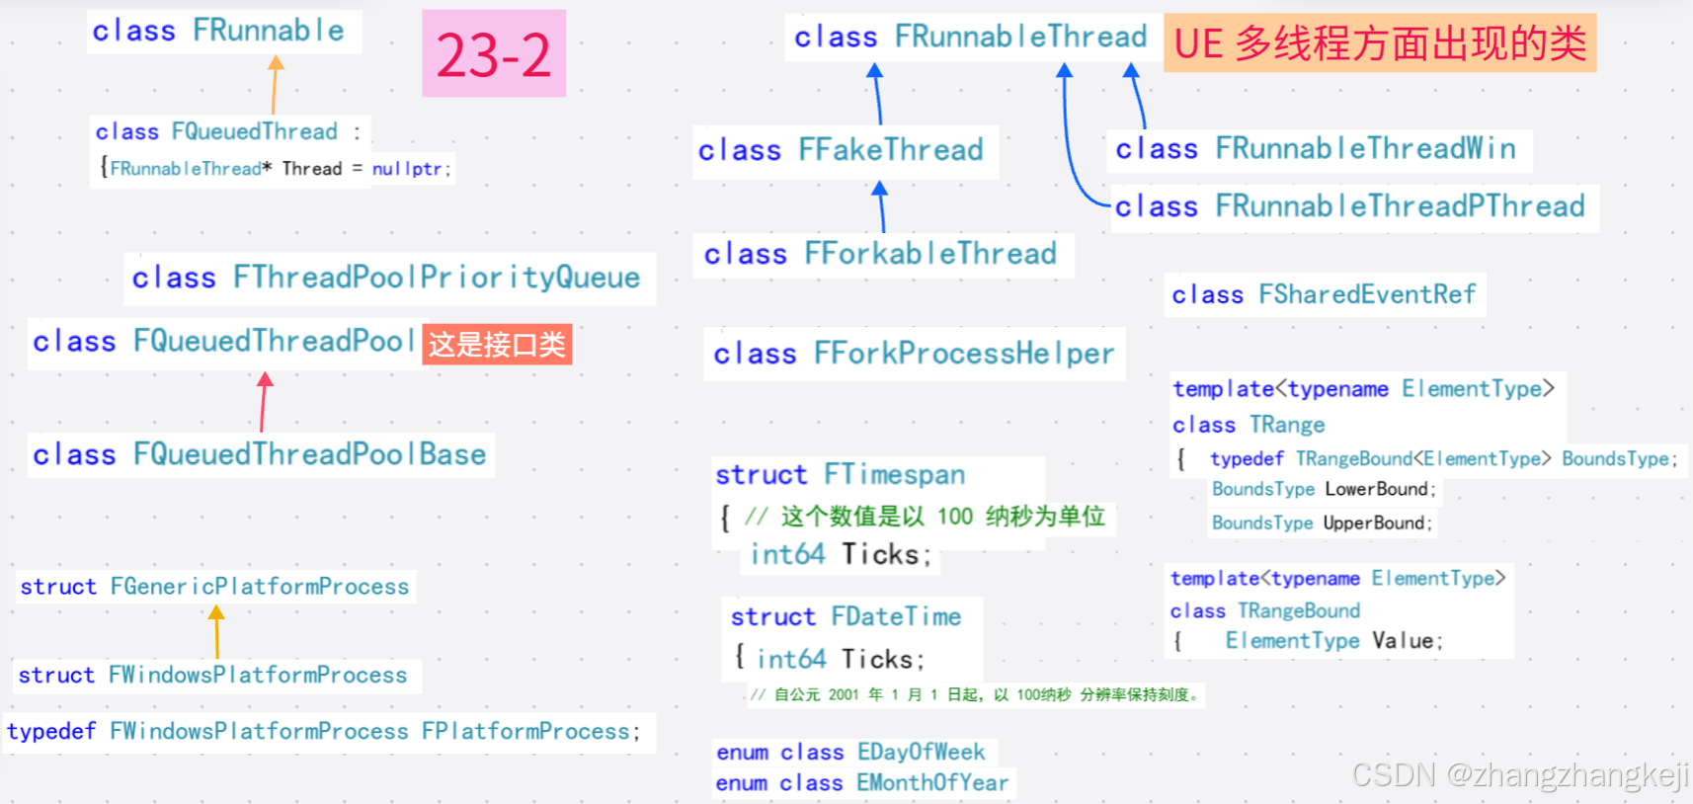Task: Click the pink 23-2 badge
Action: pos(494,53)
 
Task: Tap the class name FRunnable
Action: pos(269,31)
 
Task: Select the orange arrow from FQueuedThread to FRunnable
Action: pos(275,85)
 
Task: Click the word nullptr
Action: pos(408,169)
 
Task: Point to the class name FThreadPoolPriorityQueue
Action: pos(437,278)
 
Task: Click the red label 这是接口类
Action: pos(497,344)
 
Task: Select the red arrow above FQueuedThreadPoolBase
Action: pos(264,401)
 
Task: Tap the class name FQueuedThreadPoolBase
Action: pos(309,454)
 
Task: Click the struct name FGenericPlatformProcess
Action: pos(260,587)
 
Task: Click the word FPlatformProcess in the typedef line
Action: pos(525,732)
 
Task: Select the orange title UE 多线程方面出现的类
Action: pos(1380,43)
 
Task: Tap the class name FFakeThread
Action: pos(890,150)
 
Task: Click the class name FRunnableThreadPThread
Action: pos(1400,206)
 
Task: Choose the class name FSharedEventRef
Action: pos(1367,294)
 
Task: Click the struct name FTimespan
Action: pos(894,475)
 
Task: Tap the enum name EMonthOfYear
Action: pos(932,783)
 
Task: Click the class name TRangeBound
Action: pos(1299,611)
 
